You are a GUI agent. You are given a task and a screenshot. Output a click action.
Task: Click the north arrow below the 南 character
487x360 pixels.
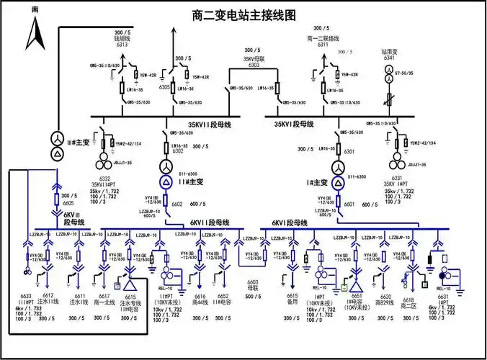[x=36, y=32]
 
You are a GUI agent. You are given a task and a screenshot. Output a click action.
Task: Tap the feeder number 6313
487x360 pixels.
[x=122, y=45]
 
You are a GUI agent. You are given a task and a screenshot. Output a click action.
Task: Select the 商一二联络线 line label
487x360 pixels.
[x=322, y=38]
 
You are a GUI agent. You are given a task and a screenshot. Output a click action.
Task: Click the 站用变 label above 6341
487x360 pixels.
[x=390, y=52]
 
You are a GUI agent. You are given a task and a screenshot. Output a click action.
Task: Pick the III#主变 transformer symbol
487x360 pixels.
[x=56, y=144]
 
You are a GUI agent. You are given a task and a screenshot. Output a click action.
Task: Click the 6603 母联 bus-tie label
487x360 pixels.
[x=253, y=287]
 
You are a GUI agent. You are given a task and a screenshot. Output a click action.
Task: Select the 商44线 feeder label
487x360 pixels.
[x=200, y=303]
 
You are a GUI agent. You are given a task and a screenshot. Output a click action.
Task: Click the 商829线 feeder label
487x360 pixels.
[x=385, y=303]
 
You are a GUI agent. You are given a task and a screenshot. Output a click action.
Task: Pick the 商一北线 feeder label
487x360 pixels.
[x=104, y=303]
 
